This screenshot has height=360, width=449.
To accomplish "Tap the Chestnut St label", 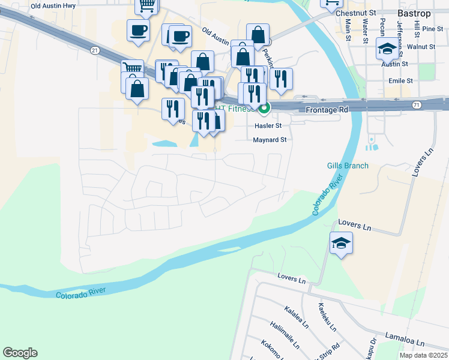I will pos(356,13).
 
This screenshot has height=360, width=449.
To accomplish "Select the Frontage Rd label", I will pos(327,110).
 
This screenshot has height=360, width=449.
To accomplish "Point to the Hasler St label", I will pos(268,126).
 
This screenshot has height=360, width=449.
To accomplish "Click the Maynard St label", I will pos(270,140).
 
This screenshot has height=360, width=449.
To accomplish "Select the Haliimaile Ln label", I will pos(285,334).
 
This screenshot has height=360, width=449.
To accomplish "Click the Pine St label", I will pos(432,29).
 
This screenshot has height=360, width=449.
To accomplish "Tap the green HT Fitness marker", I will pos(264,108).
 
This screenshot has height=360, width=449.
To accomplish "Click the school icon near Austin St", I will pos(387,47).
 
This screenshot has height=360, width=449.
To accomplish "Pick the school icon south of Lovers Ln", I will pos(341,243).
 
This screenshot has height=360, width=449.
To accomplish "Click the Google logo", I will pos(20,353).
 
